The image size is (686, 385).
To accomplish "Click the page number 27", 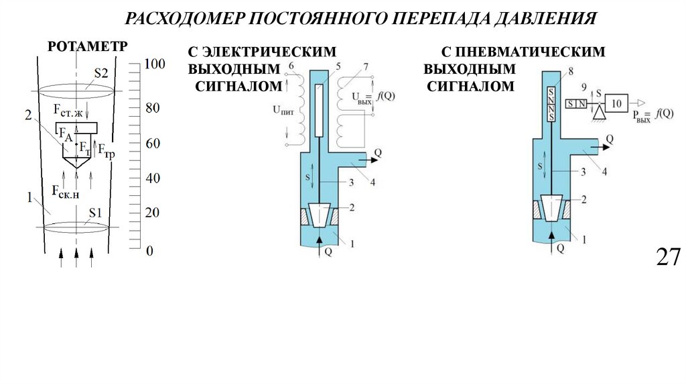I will coord(668,257).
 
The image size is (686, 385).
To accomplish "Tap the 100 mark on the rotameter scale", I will coord(154,65).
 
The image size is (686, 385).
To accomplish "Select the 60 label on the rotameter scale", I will coord(153,144).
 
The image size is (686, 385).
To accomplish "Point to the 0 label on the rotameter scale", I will coord(149,251).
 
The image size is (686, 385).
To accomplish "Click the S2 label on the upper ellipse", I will coord(100,74).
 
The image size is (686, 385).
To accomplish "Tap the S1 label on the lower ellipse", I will coord(96,213).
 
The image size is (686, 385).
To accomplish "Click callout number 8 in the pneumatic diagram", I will coord(570,71).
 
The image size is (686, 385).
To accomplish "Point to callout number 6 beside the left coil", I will coord(290,65).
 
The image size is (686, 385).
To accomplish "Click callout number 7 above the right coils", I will coord(365,65).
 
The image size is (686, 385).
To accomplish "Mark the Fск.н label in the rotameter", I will coord(68,191).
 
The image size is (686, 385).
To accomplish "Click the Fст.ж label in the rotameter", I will coord(68,110).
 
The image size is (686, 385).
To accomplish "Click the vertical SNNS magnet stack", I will coord(551,105).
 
